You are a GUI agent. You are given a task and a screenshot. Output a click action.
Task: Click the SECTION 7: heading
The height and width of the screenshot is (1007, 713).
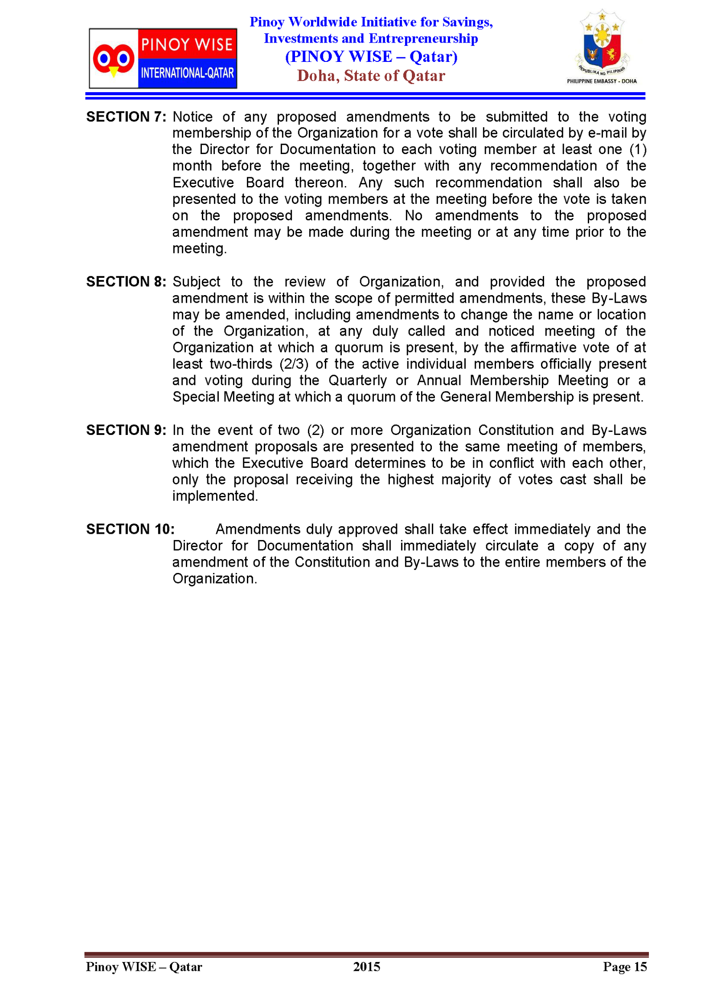click(x=126, y=117)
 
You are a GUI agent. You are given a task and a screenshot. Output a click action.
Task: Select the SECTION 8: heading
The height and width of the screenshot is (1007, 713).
click(x=126, y=281)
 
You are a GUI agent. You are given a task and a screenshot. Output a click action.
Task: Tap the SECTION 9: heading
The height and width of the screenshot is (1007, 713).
click(x=126, y=430)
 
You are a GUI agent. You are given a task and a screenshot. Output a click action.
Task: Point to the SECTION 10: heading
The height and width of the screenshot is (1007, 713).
click(x=130, y=529)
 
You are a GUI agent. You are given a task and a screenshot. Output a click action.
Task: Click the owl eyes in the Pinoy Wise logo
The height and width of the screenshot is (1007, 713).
click(x=114, y=58)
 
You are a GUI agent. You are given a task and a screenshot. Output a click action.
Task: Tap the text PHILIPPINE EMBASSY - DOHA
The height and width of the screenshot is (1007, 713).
click(x=602, y=81)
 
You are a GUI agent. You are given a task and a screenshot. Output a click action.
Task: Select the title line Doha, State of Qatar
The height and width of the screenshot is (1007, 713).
click(x=371, y=76)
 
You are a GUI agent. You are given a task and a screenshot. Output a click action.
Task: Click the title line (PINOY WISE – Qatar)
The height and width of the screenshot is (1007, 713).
click(x=371, y=57)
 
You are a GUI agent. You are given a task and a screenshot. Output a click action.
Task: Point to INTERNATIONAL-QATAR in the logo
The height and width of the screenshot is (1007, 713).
click(x=187, y=73)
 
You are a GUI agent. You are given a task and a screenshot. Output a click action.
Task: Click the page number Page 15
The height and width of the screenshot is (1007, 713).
click(x=624, y=966)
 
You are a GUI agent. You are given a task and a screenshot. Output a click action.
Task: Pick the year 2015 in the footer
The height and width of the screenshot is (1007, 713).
click(x=366, y=966)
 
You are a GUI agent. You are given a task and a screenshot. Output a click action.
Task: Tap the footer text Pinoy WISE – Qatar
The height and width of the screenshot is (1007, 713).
click(x=144, y=966)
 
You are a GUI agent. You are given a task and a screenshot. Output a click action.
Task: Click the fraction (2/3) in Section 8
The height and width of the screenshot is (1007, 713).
click(x=294, y=364)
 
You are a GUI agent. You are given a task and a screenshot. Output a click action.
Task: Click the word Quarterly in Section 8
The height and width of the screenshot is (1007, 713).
click(x=357, y=380)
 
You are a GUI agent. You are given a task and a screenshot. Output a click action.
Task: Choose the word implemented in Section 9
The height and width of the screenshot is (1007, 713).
click(x=214, y=495)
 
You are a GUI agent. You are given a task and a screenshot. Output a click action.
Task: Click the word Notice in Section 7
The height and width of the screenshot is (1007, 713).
click(x=193, y=117)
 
